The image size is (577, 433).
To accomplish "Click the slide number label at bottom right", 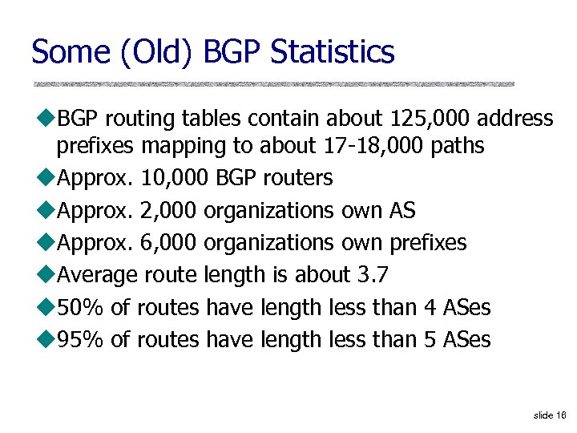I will pos(550,415).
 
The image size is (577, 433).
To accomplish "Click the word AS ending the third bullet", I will pos(401,211).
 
